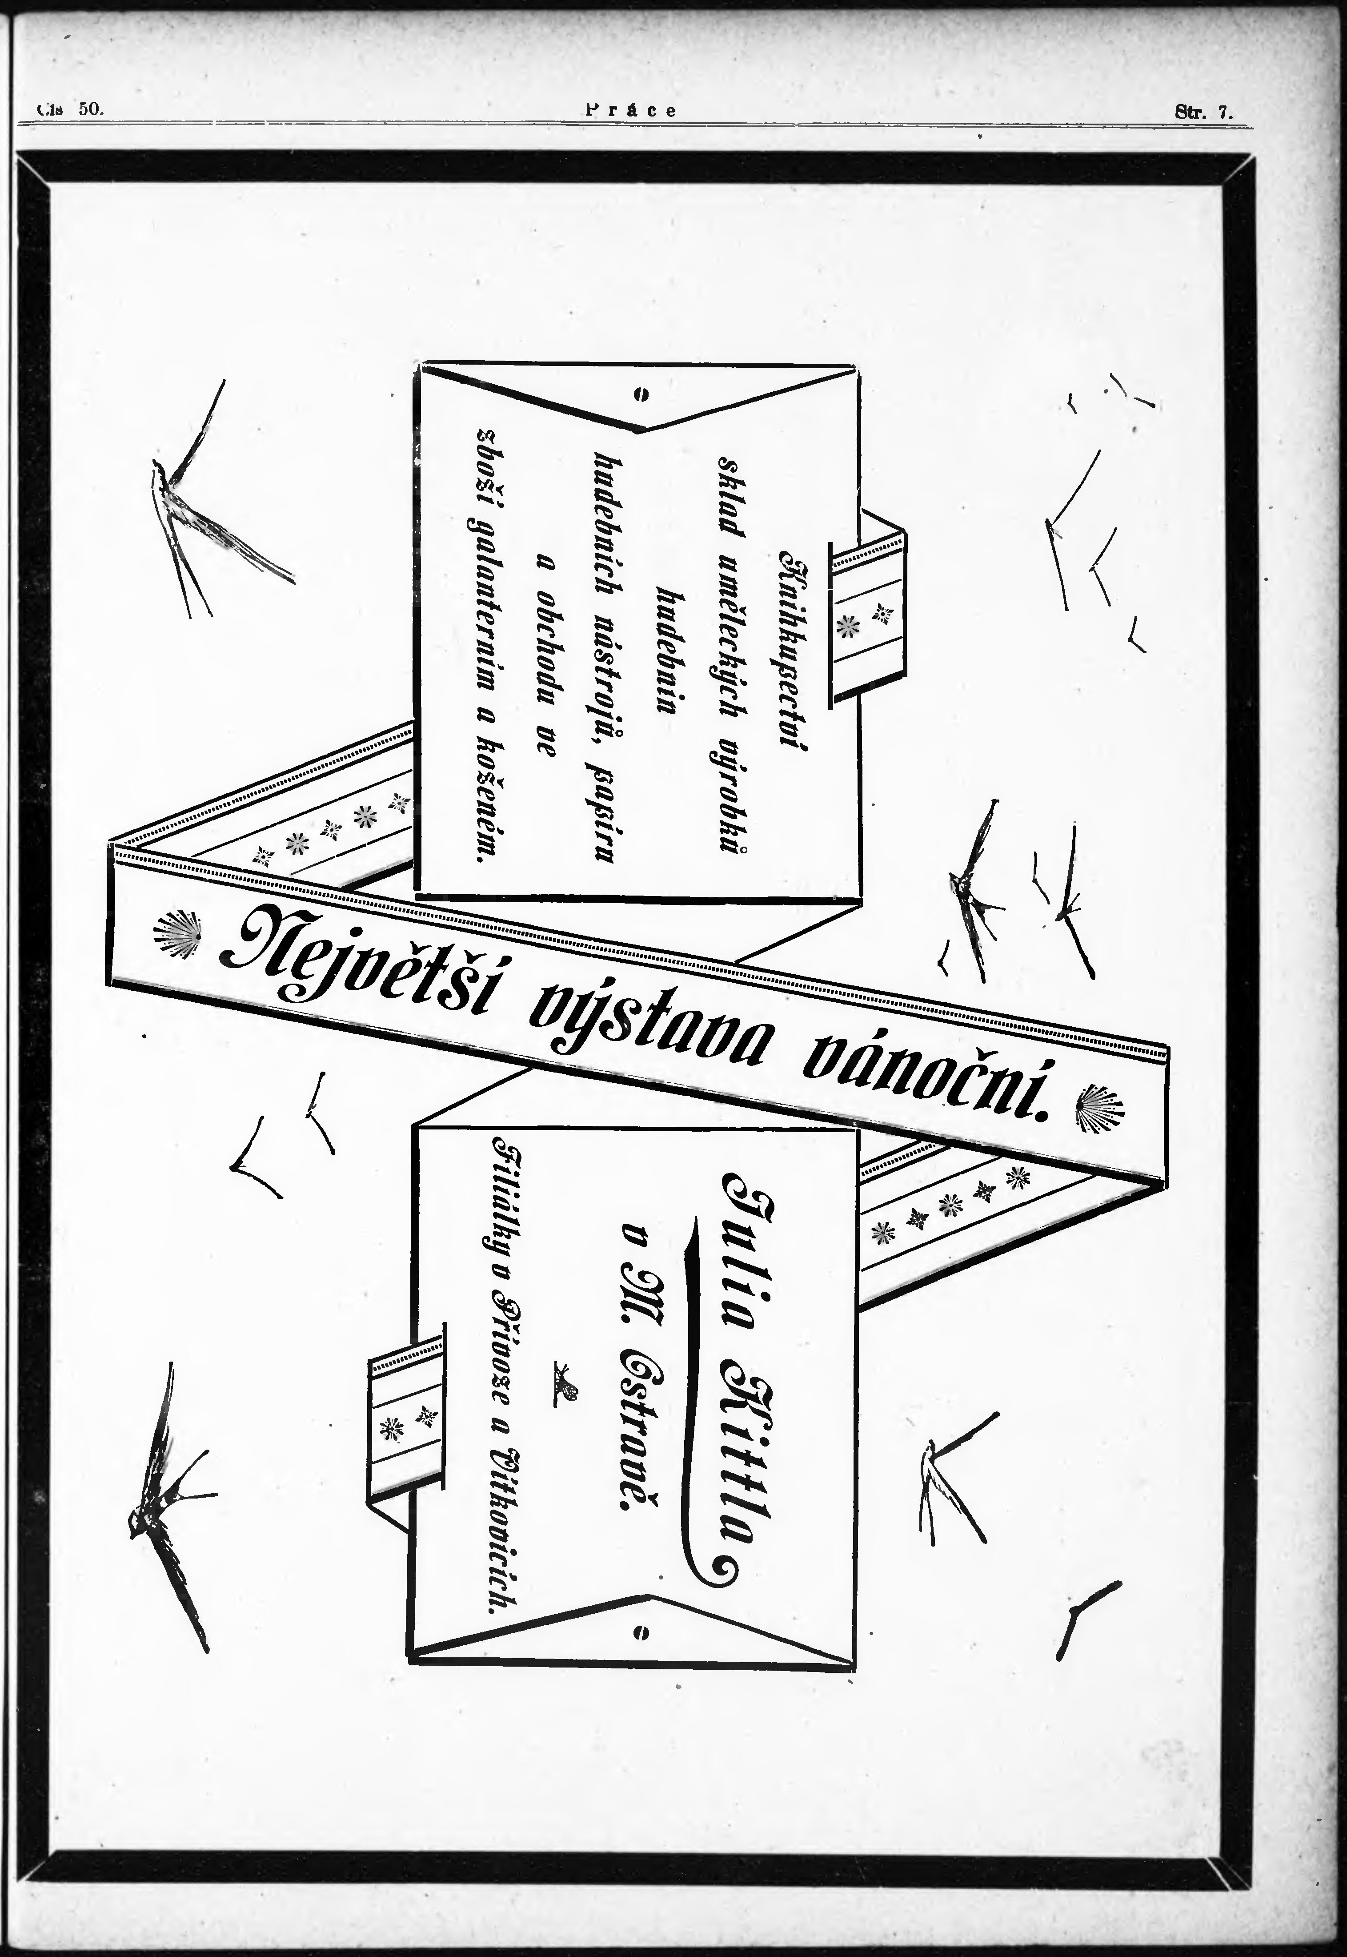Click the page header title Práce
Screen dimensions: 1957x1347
tap(629, 110)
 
